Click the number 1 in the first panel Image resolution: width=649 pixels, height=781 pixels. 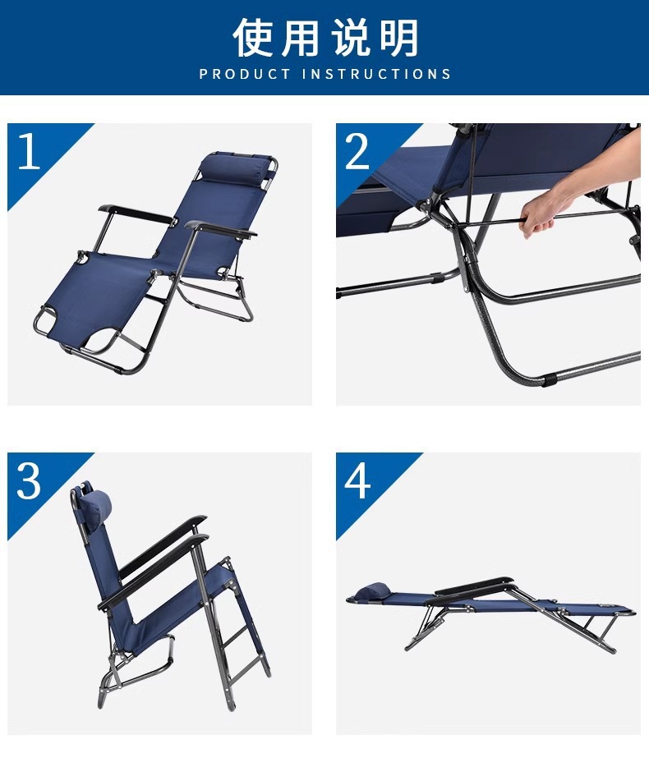(x=29, y=151)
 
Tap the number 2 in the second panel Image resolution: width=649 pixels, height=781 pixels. (x=357, y=151)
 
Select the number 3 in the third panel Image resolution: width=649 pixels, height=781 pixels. (x=29, y=480)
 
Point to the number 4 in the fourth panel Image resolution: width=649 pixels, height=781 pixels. (x=357, y=480)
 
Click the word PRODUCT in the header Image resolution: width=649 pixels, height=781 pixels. (x=245, y=74)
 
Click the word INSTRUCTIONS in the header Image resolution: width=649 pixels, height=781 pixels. (x=377, y=74)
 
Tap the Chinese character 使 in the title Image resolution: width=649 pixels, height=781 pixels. (x=254, y=37)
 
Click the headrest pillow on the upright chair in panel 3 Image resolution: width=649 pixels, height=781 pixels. (x=97, y=503)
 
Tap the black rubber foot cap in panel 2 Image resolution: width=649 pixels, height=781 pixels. (x=549, y=382)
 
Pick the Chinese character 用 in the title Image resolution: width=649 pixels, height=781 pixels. (x=301, y=37)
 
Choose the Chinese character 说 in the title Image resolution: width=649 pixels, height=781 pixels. (x=350, y=37)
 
